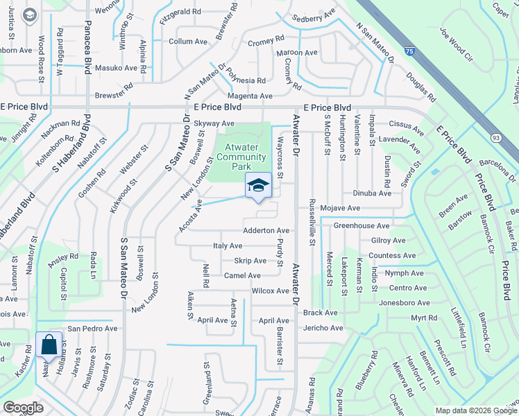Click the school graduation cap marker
click(258, 186)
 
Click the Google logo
click(24, 408)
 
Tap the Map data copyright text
click(476, 410)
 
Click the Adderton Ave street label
click(266, 230)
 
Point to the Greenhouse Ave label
click(361, 225)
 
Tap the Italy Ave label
click(228, 245)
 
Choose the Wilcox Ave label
click(270, 291)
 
